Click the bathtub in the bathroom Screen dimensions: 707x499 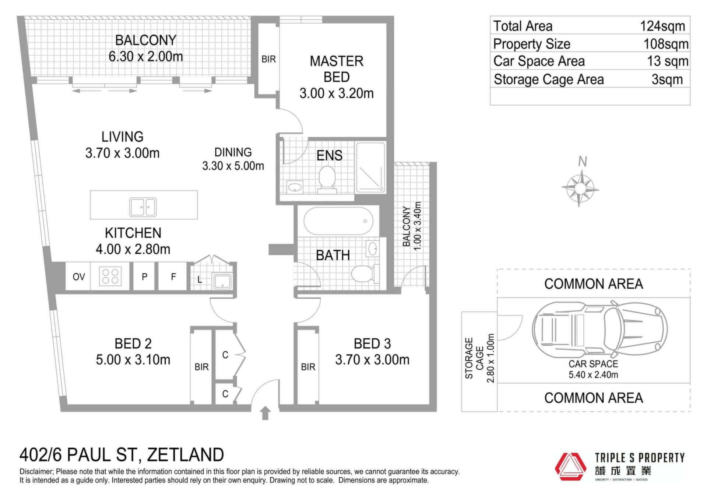338,221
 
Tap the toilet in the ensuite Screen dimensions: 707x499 327,180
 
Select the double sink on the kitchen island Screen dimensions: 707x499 143,207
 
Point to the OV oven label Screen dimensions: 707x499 79,277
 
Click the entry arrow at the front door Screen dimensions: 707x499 265,413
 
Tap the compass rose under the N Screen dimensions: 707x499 580,188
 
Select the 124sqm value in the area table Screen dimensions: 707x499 662,26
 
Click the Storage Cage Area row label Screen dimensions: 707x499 549,79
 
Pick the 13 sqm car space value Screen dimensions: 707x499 668,61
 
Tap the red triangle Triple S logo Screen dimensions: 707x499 570,467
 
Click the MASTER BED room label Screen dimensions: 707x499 337,69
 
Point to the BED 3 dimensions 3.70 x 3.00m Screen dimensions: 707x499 372,360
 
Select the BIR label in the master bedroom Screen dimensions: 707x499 268,59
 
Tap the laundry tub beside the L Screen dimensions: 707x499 222,282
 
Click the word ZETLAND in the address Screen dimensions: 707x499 186,455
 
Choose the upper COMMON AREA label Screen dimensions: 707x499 594,284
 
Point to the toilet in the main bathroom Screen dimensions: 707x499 365,274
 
